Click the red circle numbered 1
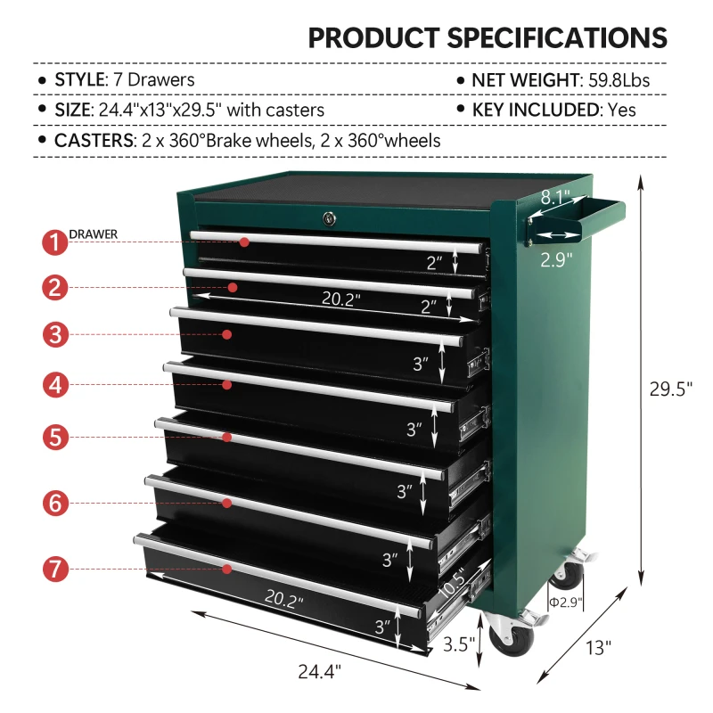[x=54, y=242]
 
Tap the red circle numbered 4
[x=54, y=385]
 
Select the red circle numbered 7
[x=54, y=569]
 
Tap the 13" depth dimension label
[x=600, y=648]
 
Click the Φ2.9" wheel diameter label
[x=566, y=602]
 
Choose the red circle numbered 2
[x=54, y=288]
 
